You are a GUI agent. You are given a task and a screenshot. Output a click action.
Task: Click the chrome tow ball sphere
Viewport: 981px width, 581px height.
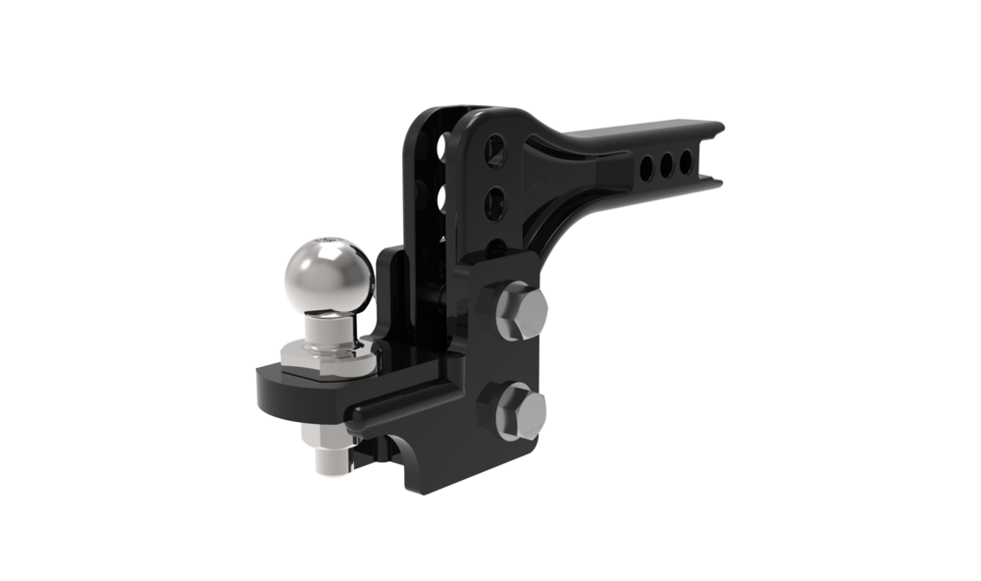329,275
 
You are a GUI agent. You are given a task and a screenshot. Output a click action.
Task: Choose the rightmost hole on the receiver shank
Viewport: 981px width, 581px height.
687,163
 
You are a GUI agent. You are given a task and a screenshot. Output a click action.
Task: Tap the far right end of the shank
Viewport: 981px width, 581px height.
716,152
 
